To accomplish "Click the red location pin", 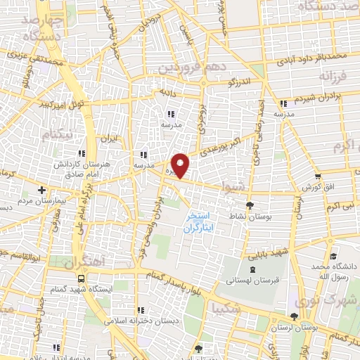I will point(181,165).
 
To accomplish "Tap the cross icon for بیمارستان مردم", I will point(42,190).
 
